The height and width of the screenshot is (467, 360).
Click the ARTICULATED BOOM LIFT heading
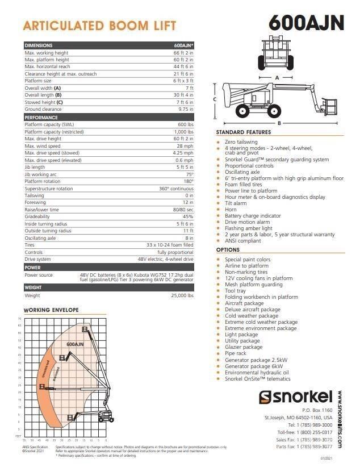click(99, 26)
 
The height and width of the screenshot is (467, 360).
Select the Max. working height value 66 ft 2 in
click(183, 53)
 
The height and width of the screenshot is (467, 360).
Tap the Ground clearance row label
click(43, 109)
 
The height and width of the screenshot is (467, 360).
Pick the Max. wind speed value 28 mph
click(186, 145)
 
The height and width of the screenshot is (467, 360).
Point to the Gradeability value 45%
click(187, 216)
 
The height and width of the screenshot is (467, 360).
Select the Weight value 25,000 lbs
click(182, 295)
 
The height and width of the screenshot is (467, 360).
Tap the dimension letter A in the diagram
click(276, 77)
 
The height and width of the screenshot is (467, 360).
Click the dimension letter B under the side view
click(279, 123)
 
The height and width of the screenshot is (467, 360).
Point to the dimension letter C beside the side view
click(214, 99)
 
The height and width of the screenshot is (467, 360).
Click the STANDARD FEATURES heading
click(244, 132)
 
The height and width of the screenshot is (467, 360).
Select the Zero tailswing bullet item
click(241, 142)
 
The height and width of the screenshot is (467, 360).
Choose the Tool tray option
click(235, 291)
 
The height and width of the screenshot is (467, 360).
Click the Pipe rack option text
click(236, 353)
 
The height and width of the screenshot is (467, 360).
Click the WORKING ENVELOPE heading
click(51, 310)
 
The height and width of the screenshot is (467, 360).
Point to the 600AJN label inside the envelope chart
click(75, 344)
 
